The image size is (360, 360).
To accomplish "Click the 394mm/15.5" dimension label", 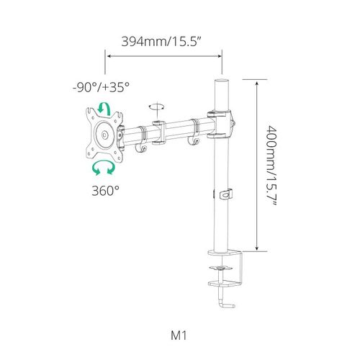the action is tap(161, 42).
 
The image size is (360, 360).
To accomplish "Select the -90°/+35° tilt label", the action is tap(101, 87).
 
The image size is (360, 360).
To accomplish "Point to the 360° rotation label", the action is tap(105, 191).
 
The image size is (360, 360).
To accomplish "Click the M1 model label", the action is tap(179, 336).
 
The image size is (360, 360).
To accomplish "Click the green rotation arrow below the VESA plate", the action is tap(104, 167).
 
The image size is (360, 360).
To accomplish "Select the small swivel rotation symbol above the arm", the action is tap(157, 107).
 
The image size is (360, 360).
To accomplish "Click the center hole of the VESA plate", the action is tap(104, 135).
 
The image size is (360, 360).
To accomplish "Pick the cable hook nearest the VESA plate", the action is tap(141, 148).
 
